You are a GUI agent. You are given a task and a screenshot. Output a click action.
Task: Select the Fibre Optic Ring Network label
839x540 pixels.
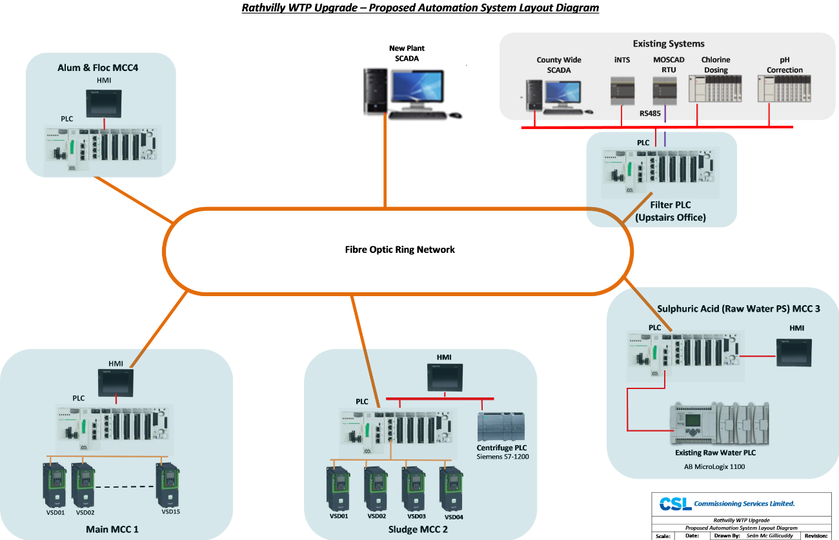pos(399,250)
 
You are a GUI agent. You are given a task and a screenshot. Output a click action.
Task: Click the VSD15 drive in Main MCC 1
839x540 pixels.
pos(168,485)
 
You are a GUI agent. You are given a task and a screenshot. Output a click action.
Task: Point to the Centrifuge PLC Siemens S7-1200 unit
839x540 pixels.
pos(500,426)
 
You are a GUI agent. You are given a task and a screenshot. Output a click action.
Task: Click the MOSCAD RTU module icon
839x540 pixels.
pos(664,90)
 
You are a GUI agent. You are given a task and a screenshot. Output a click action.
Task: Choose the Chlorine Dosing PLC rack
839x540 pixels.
pos(715,89)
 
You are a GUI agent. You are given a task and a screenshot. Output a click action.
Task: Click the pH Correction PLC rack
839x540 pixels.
pos(784,89)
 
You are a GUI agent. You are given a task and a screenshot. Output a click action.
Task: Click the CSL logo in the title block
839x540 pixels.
pos(674,503)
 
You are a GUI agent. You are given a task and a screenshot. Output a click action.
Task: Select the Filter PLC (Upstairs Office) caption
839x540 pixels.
pos(670,211)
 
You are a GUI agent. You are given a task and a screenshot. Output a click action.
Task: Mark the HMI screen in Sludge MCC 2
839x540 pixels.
pos(445,377)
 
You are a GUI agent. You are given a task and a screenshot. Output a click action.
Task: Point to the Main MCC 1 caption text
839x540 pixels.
pos(112,530)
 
